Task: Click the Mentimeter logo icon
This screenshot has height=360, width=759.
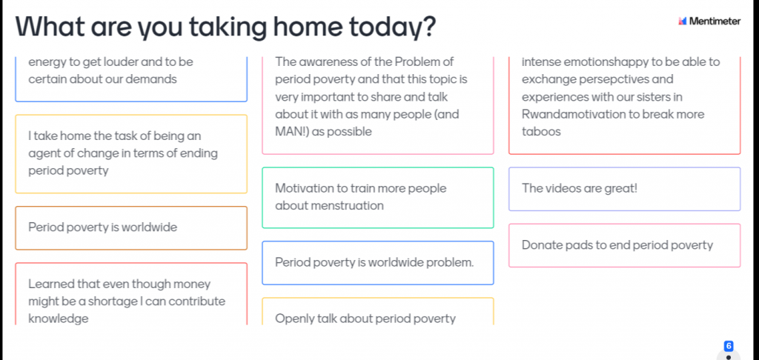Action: pos(683,21)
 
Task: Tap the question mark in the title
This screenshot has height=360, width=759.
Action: pos(425,27)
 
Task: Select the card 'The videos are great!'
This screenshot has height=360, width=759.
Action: pos(624,189)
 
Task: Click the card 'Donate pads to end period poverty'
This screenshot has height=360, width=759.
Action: pos(624,245)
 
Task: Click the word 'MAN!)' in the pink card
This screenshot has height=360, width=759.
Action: pos(292,132)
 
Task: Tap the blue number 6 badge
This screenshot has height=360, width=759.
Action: pos(729,346)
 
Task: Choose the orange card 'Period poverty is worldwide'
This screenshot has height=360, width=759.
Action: pos(131,228)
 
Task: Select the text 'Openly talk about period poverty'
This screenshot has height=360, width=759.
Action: pos(365,319)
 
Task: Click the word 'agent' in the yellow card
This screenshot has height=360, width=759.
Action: pos(43,154)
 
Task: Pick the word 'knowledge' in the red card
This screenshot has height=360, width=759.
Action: pos(59,319)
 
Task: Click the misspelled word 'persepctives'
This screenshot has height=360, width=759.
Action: pos(613,79)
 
